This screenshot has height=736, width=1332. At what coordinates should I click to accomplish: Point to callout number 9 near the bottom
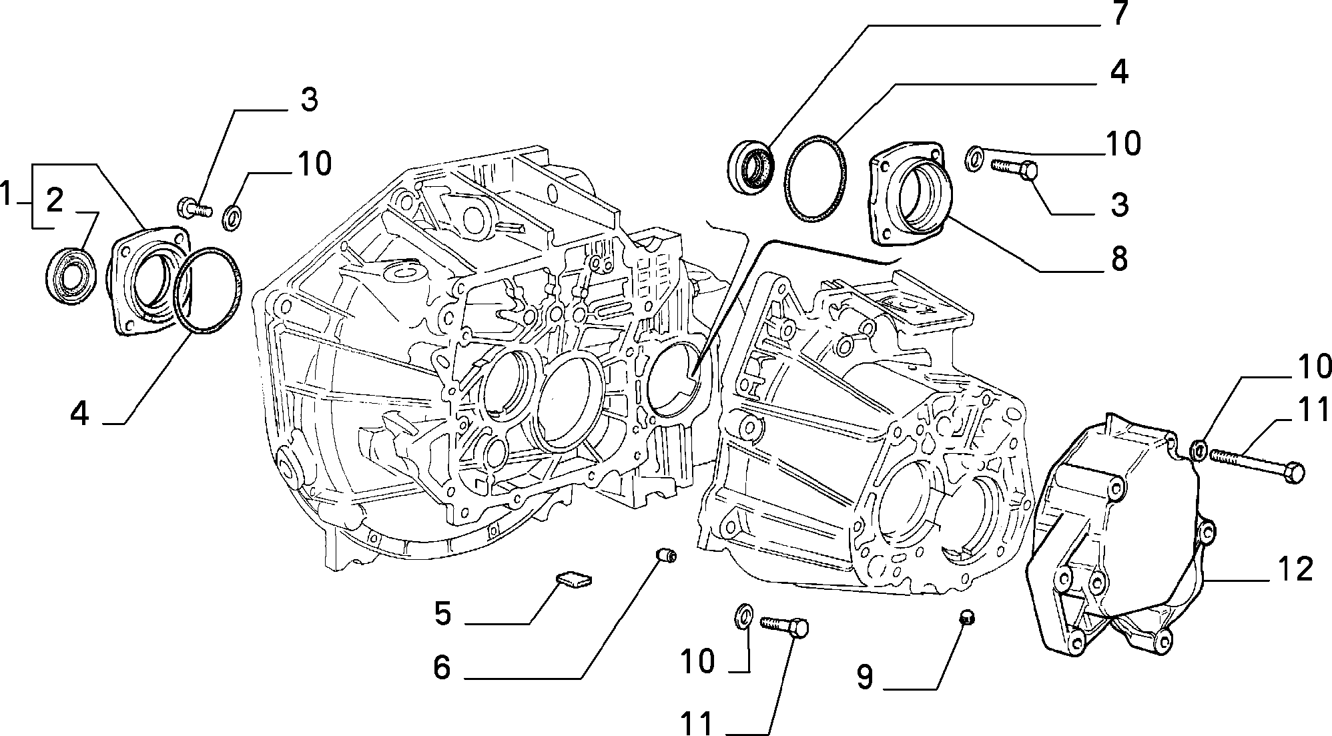865,677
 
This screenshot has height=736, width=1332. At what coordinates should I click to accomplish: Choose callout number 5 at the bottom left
442,613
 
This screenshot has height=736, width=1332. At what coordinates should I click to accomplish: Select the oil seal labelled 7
750,167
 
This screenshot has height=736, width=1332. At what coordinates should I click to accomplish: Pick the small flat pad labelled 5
575,580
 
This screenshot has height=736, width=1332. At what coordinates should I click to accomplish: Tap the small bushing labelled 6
665,555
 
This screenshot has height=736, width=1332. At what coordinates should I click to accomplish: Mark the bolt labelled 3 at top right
1013,167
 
